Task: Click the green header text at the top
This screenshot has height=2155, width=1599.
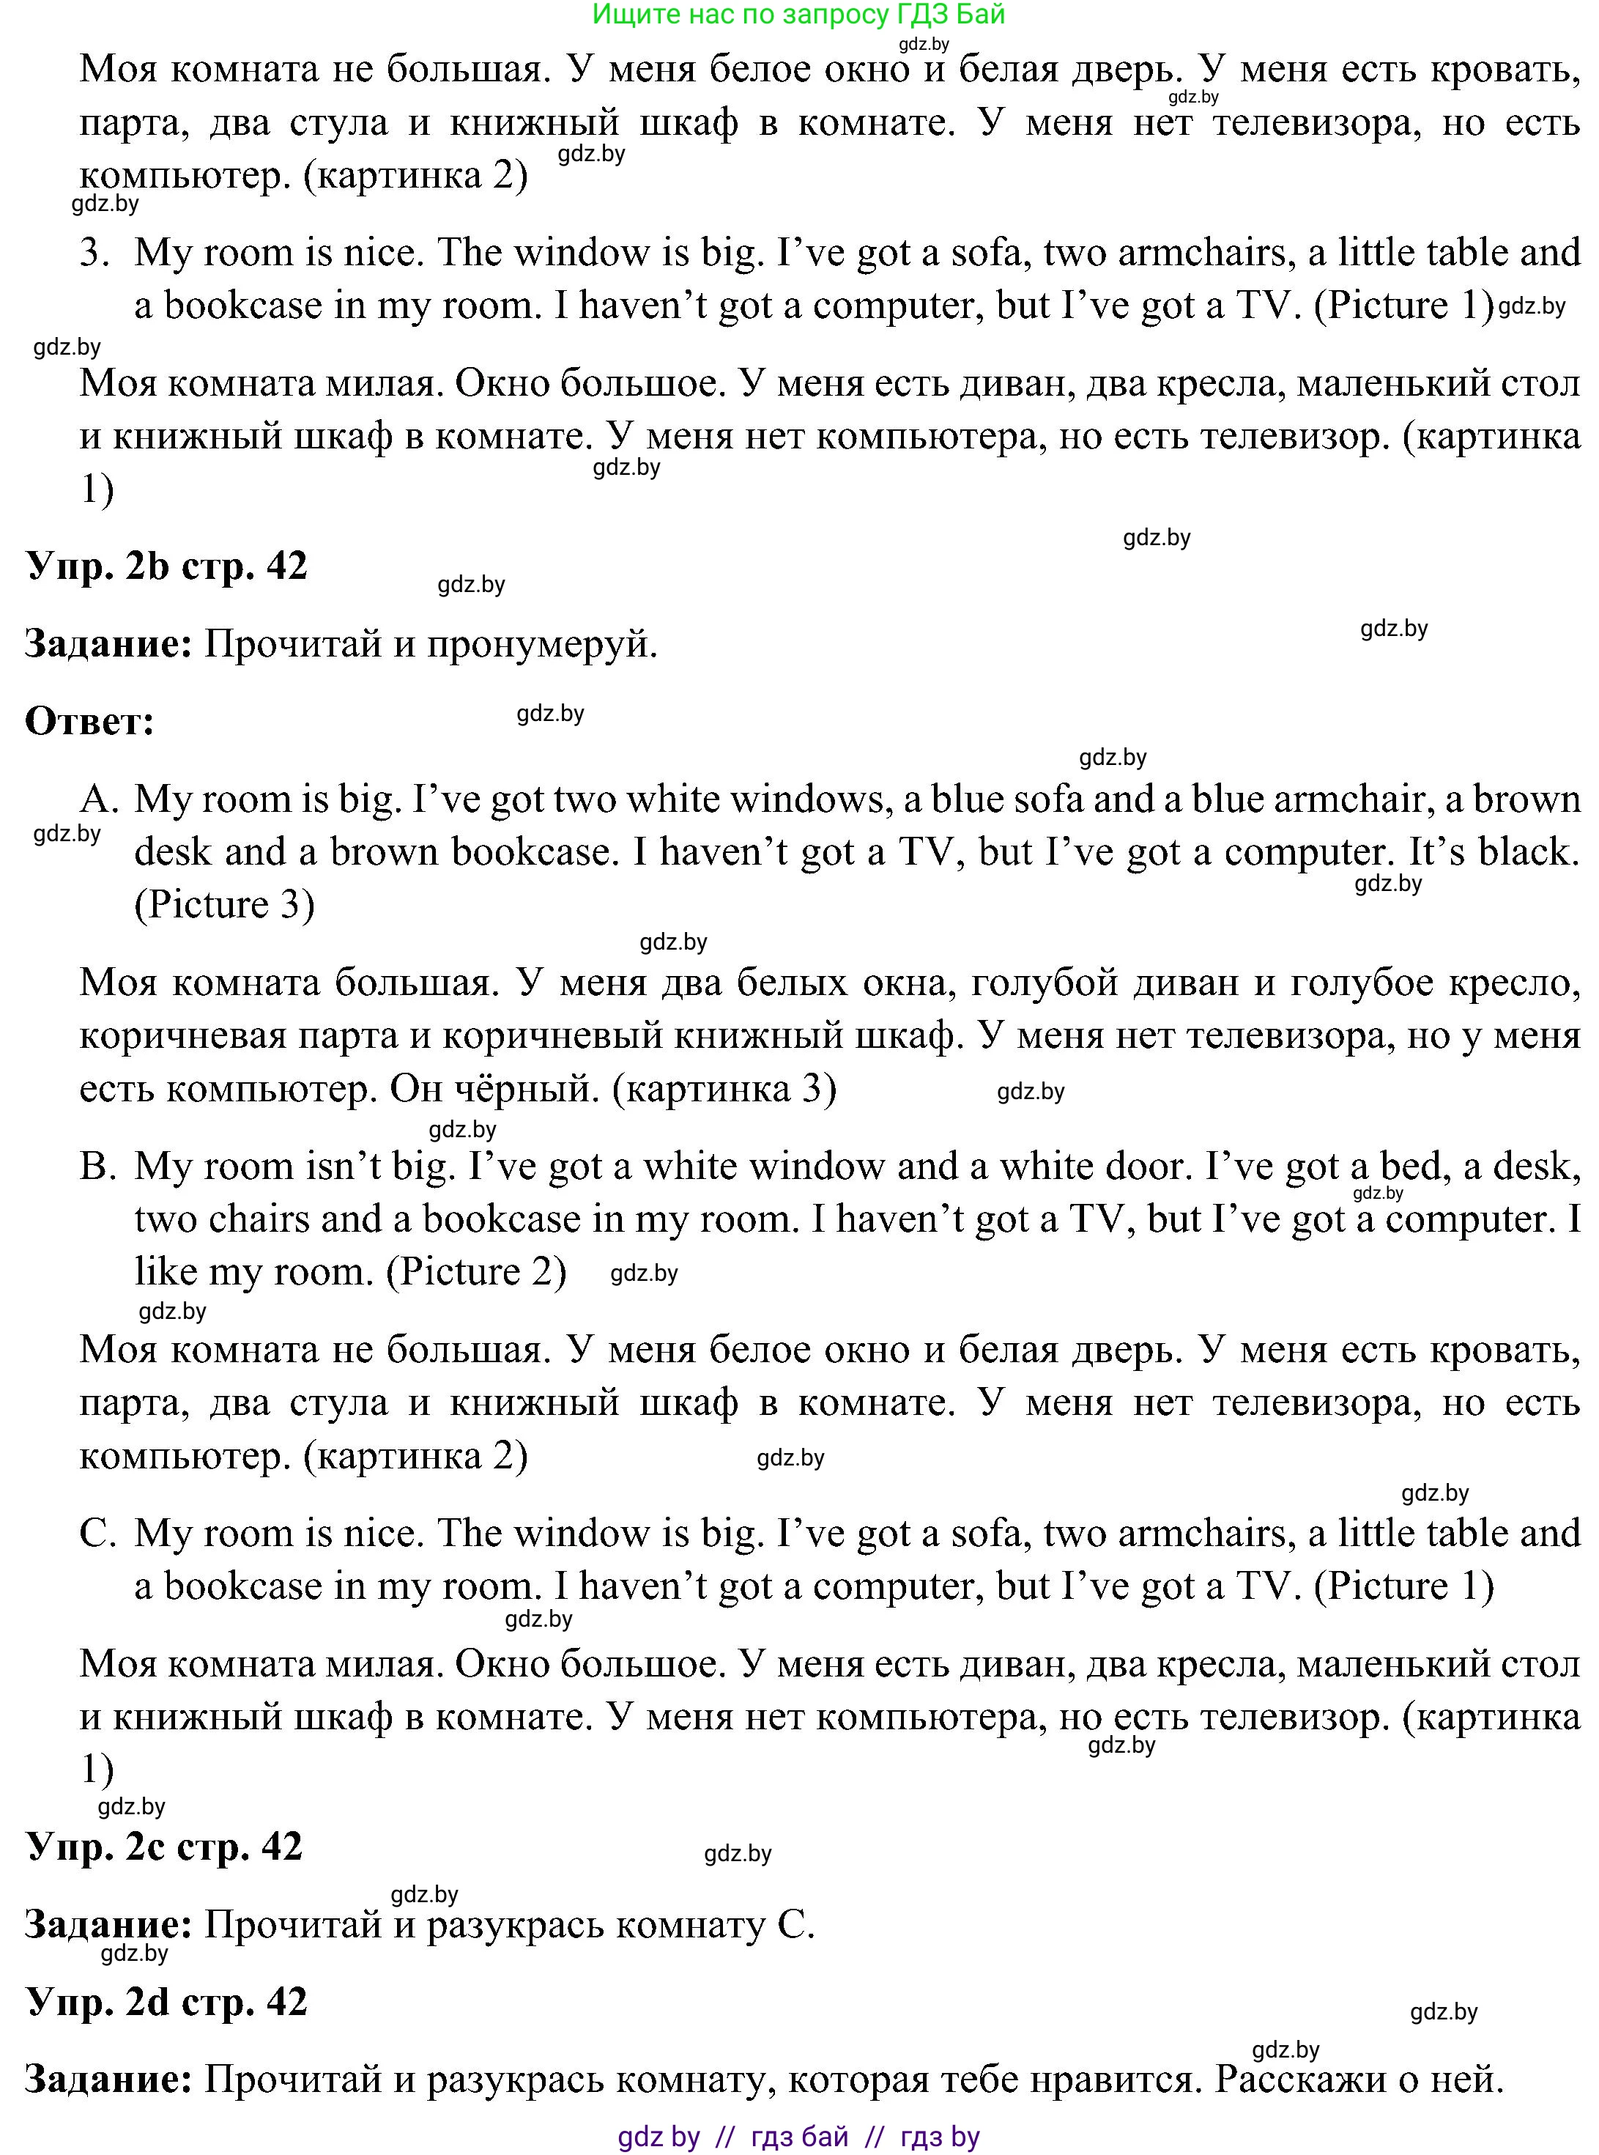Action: (x=798, y=15)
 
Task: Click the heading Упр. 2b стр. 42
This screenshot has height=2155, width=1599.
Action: (x=166, y=566)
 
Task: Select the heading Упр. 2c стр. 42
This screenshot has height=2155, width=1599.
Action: (x=165, y=1847)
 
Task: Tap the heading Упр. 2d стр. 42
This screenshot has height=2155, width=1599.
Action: (x=166, y=2001)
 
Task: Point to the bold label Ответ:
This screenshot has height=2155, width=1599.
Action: (x=90, y=721)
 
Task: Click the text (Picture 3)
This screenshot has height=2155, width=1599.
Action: (x=225, y=905)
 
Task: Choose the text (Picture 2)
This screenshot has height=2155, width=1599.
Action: (x=476, y=1272)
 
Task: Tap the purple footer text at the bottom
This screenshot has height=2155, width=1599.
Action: (x=798, y=2137)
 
